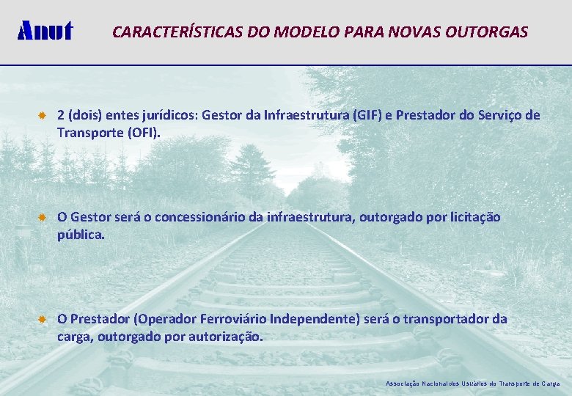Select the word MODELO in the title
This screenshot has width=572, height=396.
(281, 32)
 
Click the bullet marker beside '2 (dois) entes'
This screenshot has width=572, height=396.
(43, 116)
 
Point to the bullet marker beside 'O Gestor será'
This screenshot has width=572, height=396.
(43, 217)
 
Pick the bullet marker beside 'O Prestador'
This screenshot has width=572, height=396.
(43, 319)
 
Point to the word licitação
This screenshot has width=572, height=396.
(474, 217)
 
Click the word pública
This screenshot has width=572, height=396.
(81, 235)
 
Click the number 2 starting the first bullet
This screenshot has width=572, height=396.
(62, 115)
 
